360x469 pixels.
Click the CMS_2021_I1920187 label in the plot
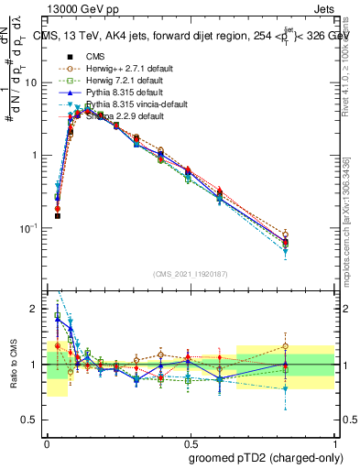191,273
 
